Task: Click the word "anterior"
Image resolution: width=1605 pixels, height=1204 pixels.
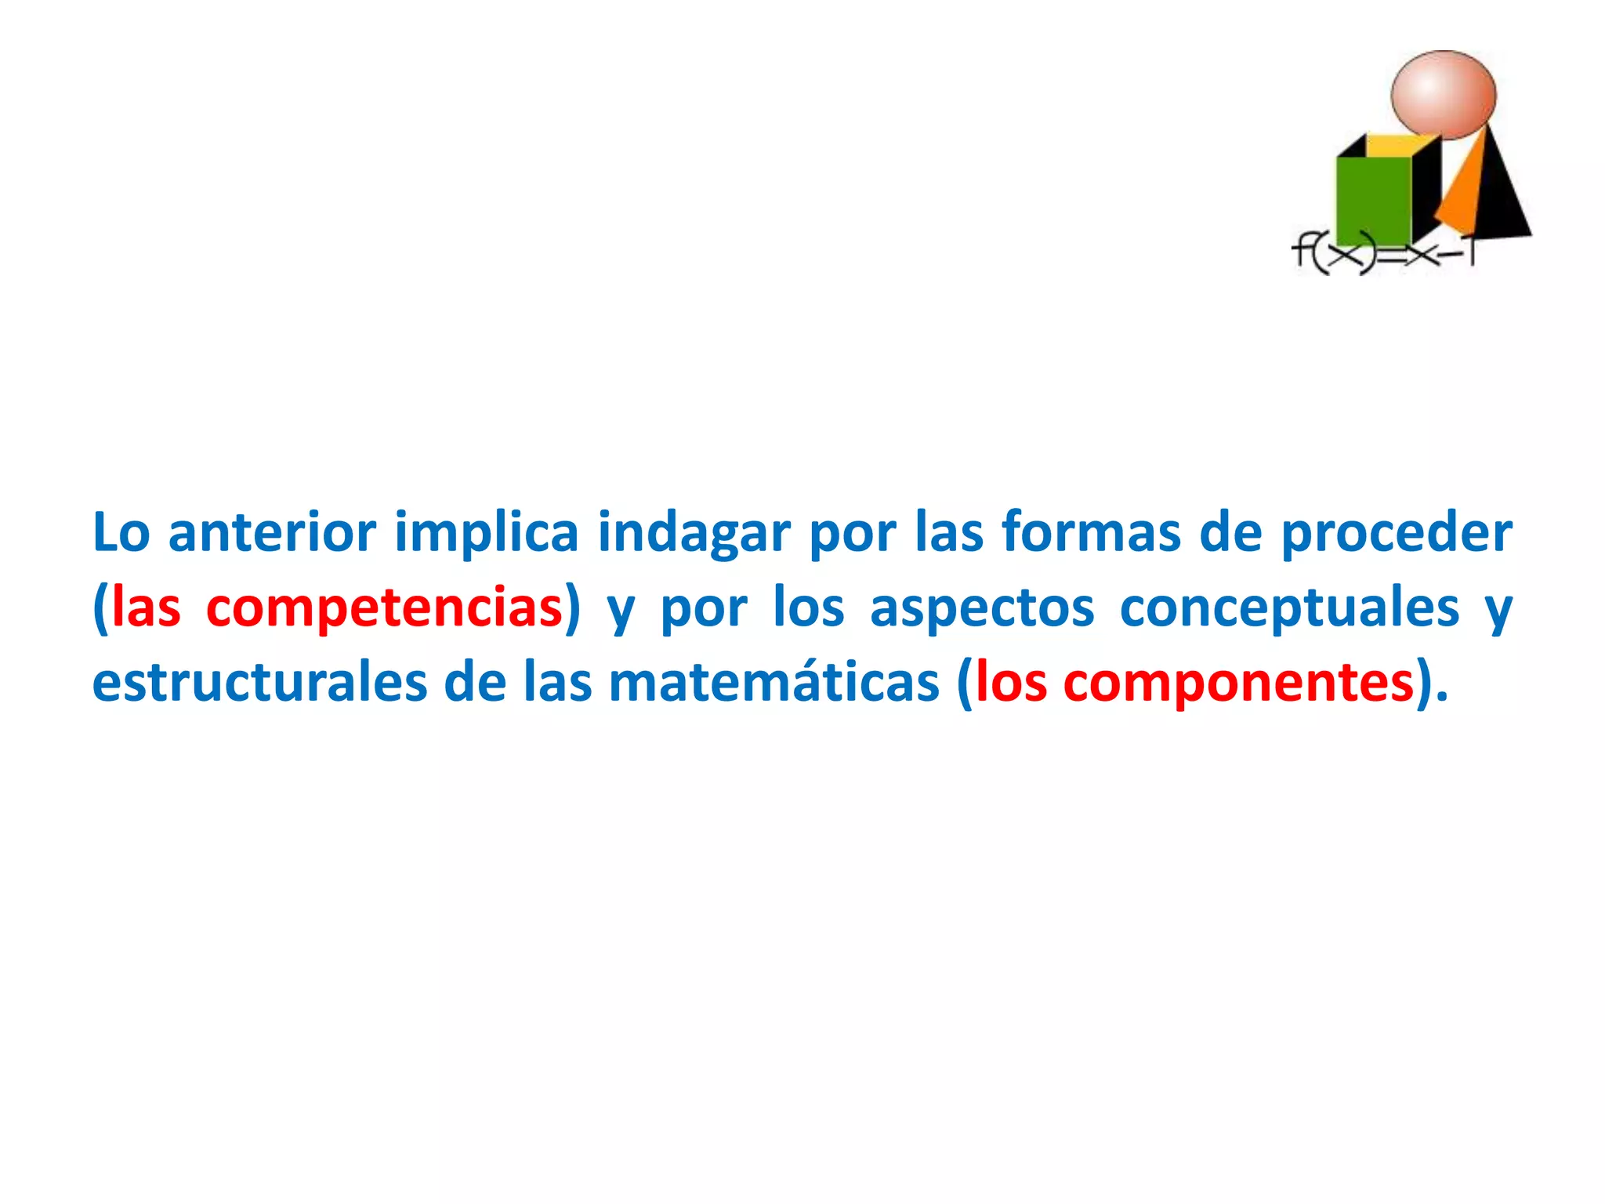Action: (x=272, y=533)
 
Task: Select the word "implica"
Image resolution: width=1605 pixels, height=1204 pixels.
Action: (x=486, y=533)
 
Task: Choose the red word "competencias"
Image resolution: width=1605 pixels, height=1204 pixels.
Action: (x=384, y=608)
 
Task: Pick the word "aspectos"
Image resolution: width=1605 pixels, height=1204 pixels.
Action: (x=981, y=608)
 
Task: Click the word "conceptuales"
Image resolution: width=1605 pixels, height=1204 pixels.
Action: (x=1289, y=608)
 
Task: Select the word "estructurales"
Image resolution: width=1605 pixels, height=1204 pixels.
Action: (x=259, y=682)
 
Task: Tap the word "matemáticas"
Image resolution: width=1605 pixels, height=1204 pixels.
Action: (x=774, y=682)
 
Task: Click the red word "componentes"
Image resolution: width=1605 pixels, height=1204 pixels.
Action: (x=1238, y=682)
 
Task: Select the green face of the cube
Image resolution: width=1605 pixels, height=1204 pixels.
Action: (x=1373, y=200)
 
